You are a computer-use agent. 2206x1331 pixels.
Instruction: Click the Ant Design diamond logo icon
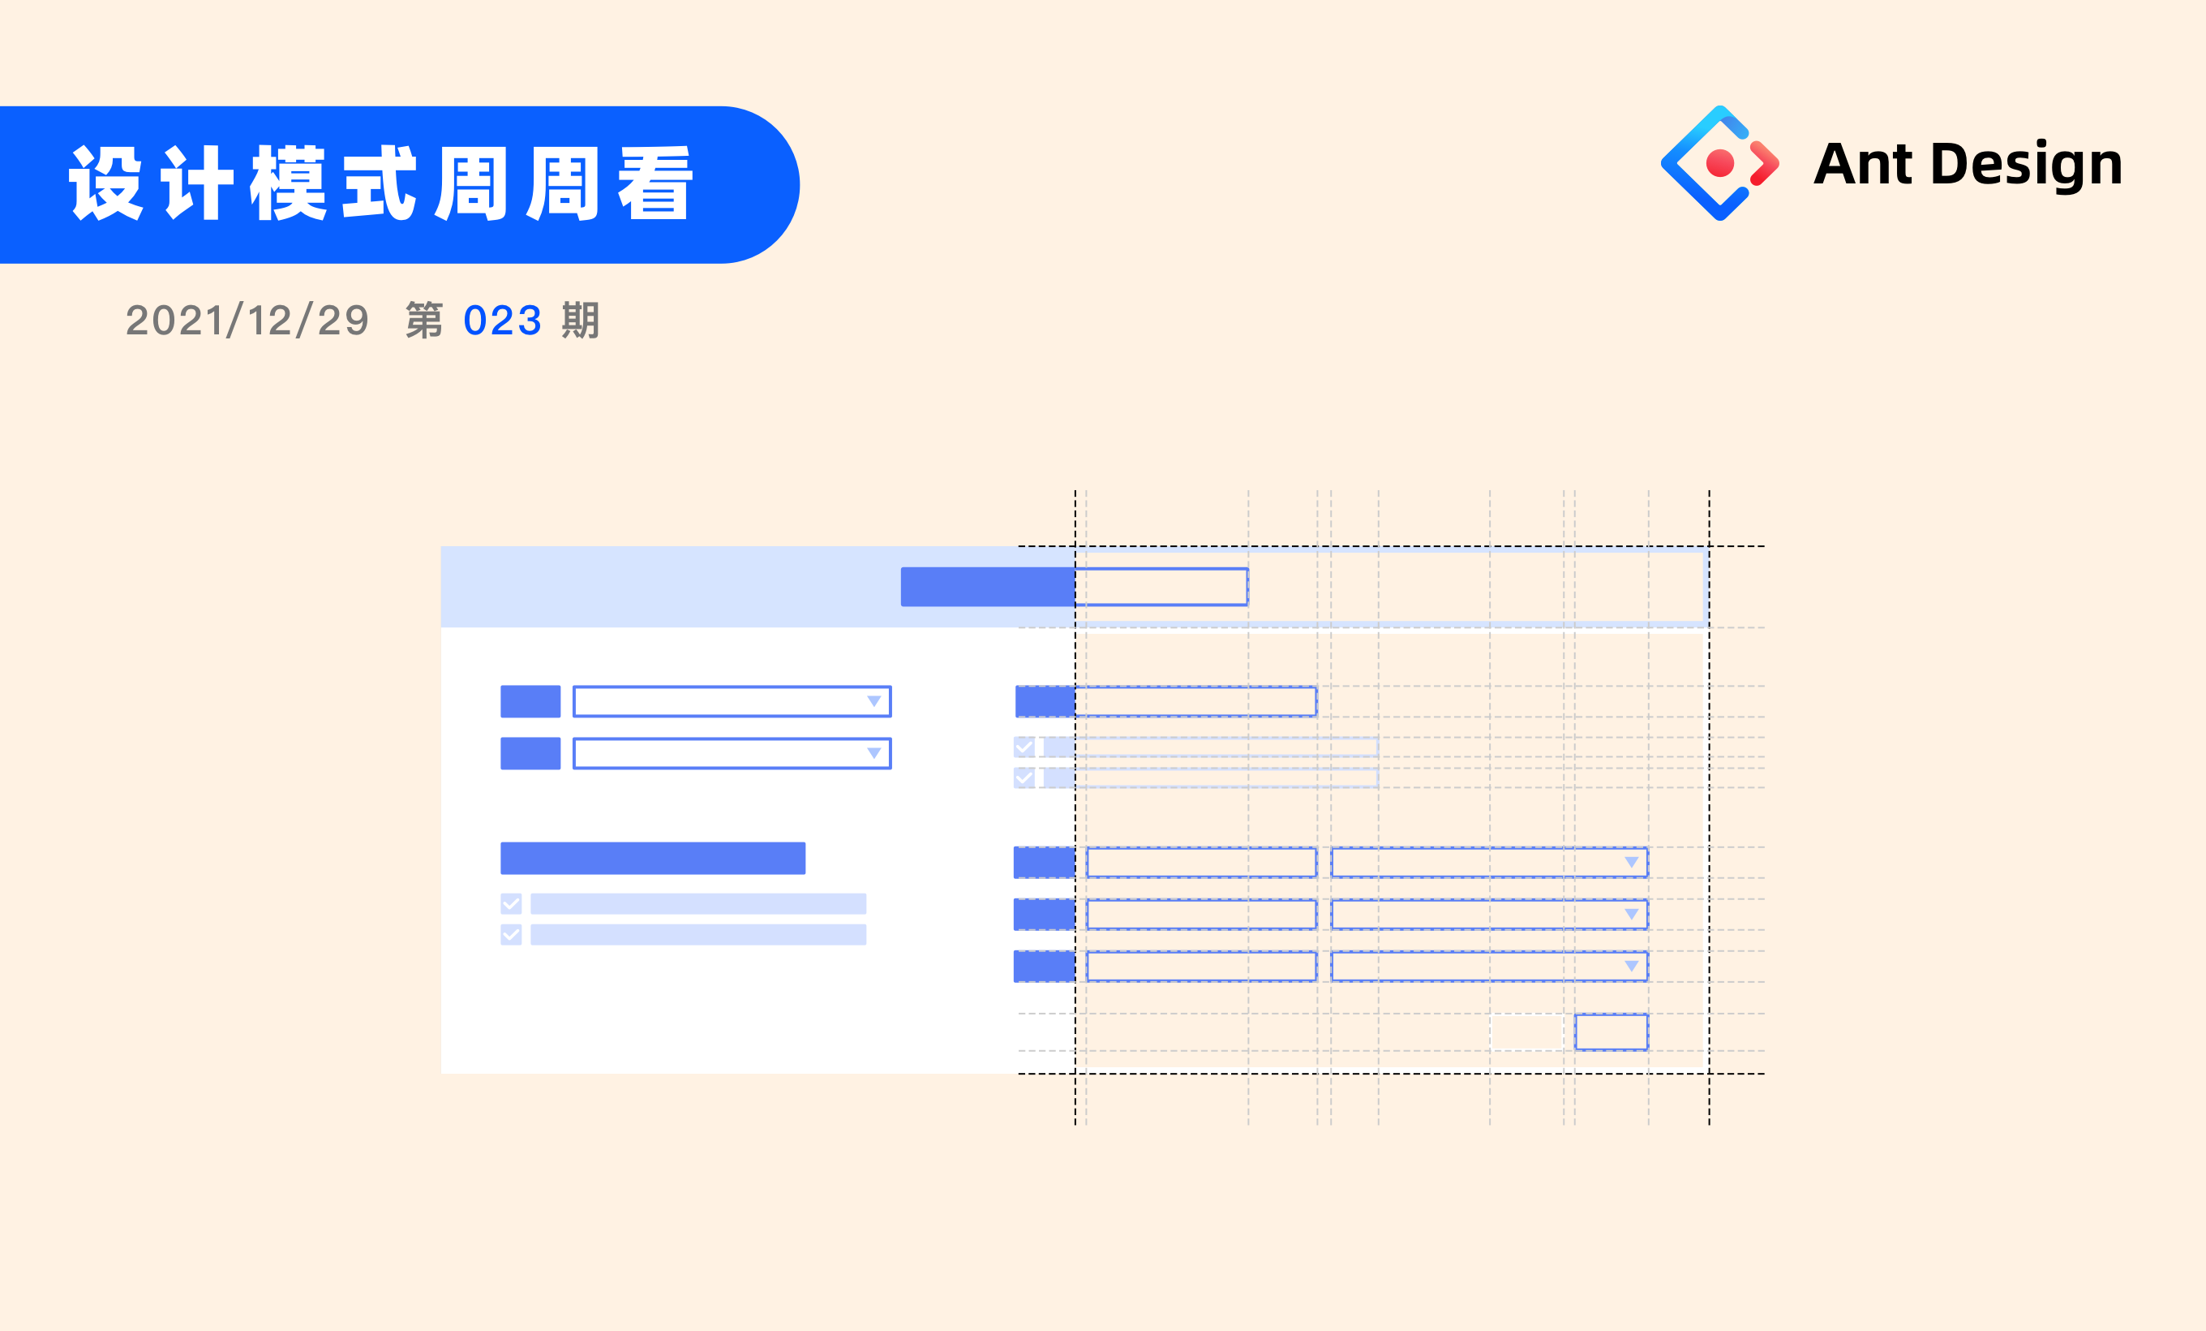pos(1719,163)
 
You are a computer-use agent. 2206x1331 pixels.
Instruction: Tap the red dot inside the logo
pos(1720,163)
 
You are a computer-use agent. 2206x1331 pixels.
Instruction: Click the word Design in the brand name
pos(2026,165)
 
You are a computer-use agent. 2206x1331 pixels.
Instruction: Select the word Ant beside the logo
pos(1862,164)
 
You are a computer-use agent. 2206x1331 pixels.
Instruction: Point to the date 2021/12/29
pos(247,321)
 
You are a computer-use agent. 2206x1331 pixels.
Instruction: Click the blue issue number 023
pos(502,321)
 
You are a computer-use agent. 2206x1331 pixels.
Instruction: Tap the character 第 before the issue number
pos(424,321)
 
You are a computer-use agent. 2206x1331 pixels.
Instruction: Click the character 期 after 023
pos(580,321)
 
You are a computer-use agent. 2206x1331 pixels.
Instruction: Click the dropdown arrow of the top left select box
pos(873,701)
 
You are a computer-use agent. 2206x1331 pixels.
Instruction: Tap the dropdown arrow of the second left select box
pos(873,753)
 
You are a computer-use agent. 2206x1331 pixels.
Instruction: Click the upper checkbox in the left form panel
pos(511,904)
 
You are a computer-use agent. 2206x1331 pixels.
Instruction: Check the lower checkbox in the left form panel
pos(511,935)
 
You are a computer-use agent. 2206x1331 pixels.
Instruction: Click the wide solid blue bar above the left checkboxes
pos(653,858)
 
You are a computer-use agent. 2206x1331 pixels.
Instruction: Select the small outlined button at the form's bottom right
pos(1611,1032)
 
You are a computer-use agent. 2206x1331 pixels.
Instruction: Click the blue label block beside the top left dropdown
pos(530,701)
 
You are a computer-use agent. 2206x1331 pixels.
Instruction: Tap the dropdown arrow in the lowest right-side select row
pos(1631,966)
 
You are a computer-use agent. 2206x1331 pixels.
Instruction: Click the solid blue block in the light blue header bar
pos(988,587)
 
